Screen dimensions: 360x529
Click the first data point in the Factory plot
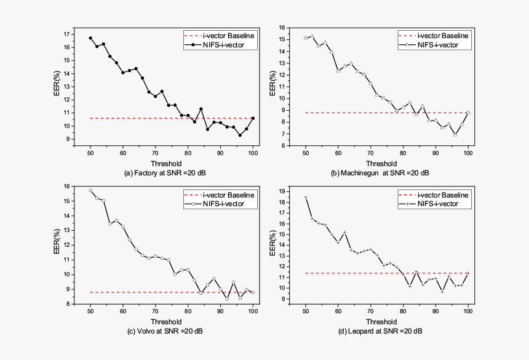tap(90, 38)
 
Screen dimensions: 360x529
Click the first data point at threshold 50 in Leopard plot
tap(306, 198)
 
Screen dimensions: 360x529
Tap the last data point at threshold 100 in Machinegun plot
tap(468, 113)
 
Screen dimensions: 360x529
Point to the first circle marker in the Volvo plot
tap(90, 191)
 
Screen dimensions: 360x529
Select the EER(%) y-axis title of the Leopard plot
tap(271, 244)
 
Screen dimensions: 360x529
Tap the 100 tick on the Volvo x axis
tap(253, 311)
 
